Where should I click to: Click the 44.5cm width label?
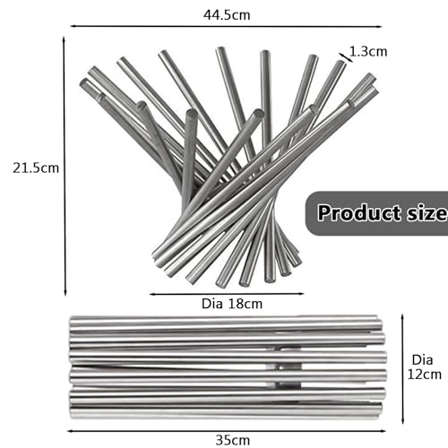pyautogui.click(x=227, y=15)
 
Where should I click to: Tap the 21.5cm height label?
pyautogui.click(x=36, y=168)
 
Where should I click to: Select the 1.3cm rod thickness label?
pyautogui.click(x=368, y=52)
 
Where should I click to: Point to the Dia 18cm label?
pyautogui.click(x=232, y=304)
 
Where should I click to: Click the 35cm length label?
pyautogui.click(x=233, y=440)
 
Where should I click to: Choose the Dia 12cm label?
pyautogui.click(x=425, y=367)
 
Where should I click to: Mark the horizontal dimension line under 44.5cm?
pyautogui.click(x=226, y=26)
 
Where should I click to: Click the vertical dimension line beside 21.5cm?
pyautogui.click(x=65, y=166)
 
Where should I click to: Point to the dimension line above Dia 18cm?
pyautogui.click(x=227, y=294)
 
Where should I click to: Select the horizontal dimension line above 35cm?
pyautogui.click(x=227, y=431)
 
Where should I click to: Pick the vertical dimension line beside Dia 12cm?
pyautogui.click(x=402, y=369)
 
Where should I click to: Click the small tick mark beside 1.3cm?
pyautogui.click(x=346, y=57)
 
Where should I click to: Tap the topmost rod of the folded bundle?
pyautogui.click(x=223, y=320)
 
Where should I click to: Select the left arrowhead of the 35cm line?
pyautogui.click(x=69, y=431)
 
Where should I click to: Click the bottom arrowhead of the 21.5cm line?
pyautogui.click(x=65, y=293)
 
